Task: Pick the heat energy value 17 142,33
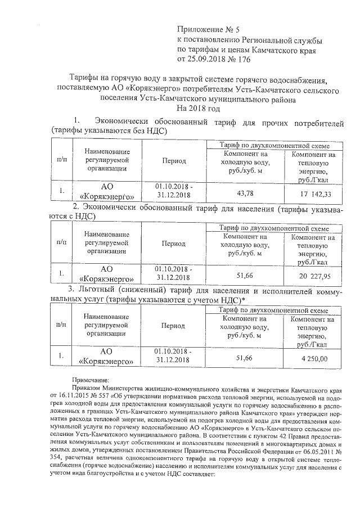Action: tap(310, 193)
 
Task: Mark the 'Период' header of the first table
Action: tap(174, 160)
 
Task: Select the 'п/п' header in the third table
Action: tap(61, 325)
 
